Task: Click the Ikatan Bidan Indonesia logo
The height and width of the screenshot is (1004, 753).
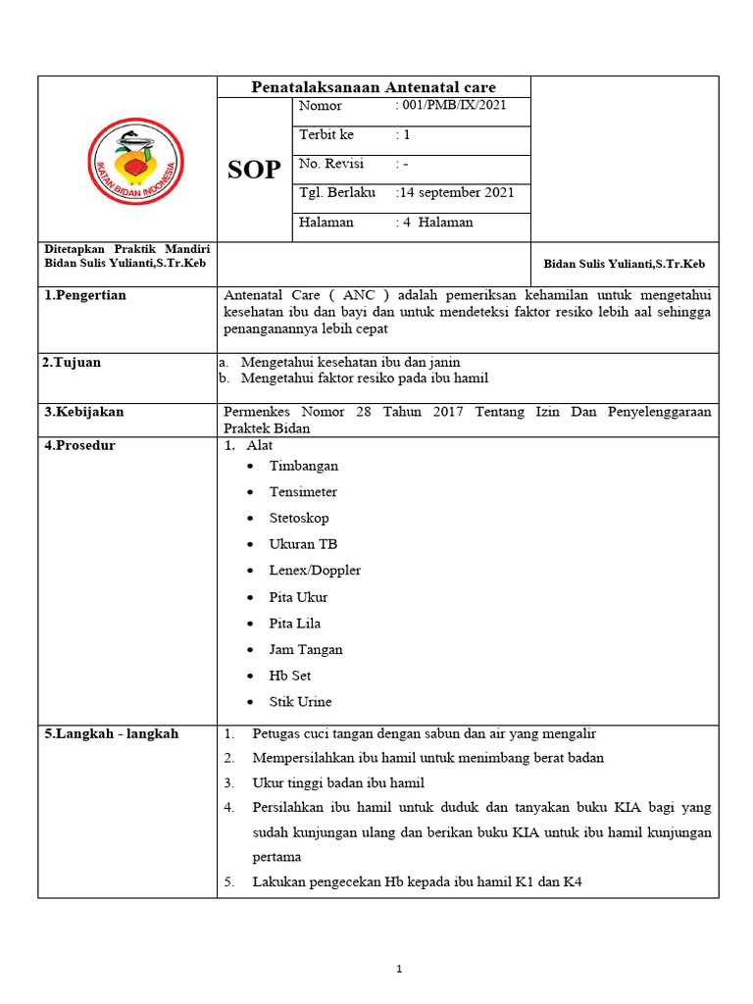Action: click(x=135, y=161)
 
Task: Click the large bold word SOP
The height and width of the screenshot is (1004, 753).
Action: click(x=254, y=171)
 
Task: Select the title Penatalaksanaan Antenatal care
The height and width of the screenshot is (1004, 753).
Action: click(x=374, y=87)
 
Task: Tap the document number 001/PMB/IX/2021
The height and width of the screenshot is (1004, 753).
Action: click(x=451, y=106)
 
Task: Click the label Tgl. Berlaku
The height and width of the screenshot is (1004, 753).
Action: click(x=337, y=193)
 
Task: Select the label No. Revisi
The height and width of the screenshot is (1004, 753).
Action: click(x=331, y=164)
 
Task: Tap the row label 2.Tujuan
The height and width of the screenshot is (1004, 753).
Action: click(x=72, y=363)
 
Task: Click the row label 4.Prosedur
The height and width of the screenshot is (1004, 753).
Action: click(x=79, y=446)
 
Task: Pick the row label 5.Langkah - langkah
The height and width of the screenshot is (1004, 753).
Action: click(x=110, y=733)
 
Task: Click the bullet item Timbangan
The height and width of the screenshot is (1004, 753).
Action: click(x=304, y=466)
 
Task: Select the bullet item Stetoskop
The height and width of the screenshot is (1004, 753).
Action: click(x=299, y=518)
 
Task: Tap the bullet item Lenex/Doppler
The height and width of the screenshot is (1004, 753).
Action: click(x=315, y=571)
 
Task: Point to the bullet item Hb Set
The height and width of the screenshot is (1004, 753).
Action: click(x=290, y=676)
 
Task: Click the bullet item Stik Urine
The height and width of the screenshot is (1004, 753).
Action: click(x=300, y=702)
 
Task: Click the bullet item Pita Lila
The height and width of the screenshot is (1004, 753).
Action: click(x=295, y=624)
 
